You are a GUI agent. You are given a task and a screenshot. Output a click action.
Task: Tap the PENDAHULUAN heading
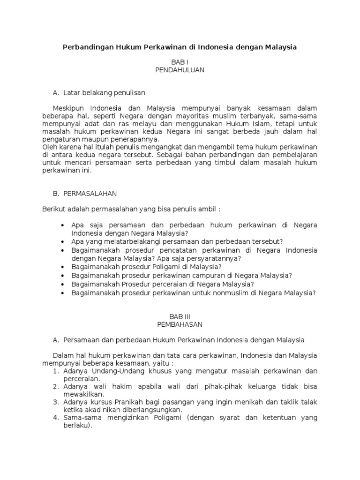180,70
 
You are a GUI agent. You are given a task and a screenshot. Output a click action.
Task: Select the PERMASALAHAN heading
94,193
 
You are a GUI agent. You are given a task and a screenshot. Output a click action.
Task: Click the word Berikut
52,209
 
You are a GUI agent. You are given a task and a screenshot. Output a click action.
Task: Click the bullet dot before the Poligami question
63,267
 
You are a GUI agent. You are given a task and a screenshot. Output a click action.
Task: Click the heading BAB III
180,316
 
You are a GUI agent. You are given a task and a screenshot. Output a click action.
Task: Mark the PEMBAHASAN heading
180,324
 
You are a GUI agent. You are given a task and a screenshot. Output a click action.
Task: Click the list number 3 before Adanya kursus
55,402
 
